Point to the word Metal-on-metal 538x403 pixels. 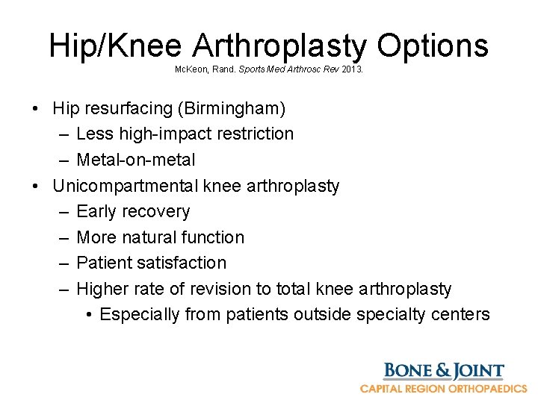(136, 160)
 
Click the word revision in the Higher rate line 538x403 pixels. (232, 289)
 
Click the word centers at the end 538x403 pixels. (461, 314)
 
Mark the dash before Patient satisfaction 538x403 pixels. (64, 263)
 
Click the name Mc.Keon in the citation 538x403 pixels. (190, 68)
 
